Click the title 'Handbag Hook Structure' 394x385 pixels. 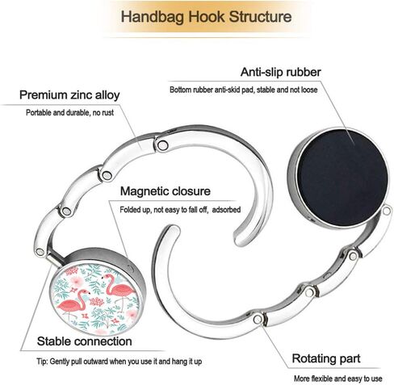206,17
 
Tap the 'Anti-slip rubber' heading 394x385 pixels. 281,72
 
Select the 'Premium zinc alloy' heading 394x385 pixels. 69,95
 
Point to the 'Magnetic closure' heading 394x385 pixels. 166,191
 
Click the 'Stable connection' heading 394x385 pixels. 85,341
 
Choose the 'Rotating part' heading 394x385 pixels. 326,358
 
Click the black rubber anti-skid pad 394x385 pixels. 342,178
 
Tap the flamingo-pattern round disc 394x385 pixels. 97,298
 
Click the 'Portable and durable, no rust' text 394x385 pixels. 69,113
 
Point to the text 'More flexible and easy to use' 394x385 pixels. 337,379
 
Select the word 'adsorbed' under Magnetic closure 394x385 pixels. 226,210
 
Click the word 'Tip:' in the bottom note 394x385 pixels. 43,362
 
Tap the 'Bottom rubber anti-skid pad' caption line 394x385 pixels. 244,90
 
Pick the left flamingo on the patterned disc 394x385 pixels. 73,303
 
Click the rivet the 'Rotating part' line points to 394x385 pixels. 258,320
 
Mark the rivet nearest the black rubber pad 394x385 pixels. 387,211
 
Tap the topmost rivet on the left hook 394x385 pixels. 162,145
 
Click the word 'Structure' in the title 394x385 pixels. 260,17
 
